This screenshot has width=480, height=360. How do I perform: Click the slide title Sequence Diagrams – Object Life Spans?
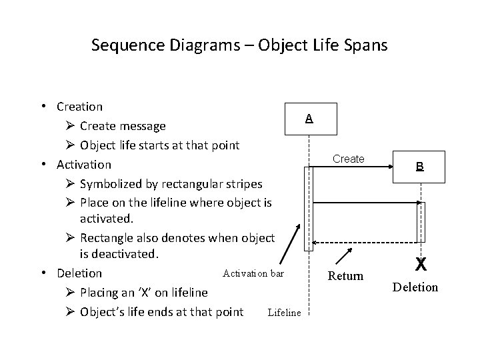click(x=239, y=45)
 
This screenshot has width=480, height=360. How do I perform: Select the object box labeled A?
click(x=307, y=119)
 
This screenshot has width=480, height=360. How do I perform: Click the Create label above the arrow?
click(x=348, y=159)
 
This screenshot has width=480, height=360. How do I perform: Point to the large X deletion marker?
click(x=421, y=265)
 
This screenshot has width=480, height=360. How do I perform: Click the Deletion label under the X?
click(x=415, y=287)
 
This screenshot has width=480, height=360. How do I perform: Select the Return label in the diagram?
click(x=346, y=275)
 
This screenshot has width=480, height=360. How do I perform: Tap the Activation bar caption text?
click(x=253, y=273)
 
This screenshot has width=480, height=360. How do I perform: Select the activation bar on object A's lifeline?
click(x=307, y=208)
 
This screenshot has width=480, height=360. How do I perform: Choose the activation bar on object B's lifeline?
click(x=420, y=221)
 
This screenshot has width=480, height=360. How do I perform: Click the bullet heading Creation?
click(x=80, y=107)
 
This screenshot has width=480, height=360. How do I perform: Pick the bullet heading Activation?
click(x=84, y=164)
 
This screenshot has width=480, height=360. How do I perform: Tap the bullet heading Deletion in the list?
click(x=79, y=273)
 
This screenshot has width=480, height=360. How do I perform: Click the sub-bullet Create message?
click(x=123, y=126)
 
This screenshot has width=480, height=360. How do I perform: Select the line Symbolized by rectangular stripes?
click(x=171, y=183)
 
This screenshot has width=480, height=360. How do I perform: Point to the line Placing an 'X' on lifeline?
click(x=143, y=293)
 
